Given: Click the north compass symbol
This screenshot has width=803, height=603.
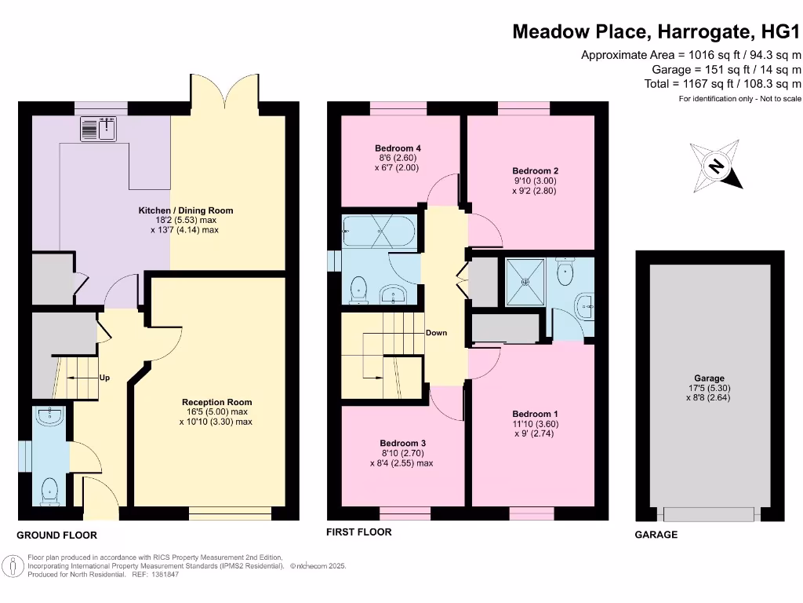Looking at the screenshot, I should click(715, 166).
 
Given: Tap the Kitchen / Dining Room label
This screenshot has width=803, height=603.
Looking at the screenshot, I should click(186, 210).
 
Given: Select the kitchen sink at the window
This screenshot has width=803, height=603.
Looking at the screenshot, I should click(98, 128).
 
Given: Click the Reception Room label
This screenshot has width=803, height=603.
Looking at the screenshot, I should click(213, 402).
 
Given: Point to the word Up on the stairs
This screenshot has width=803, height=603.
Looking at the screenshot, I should click(104, 378).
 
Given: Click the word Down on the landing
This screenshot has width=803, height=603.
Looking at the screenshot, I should click(436, 333).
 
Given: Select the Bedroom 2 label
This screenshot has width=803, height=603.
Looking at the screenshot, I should click(535, 170).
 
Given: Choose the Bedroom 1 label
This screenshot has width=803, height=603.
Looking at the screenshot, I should click(535, 414).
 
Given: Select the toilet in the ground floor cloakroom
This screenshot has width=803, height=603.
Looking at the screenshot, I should click(49, 491).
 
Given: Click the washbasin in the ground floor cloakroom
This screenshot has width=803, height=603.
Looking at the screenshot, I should click(49, 418).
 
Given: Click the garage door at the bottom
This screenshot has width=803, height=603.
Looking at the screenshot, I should click(709, 514).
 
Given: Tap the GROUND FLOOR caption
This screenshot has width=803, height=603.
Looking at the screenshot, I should click(57, 535).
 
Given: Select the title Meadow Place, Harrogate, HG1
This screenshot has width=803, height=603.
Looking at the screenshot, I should click(657, 32).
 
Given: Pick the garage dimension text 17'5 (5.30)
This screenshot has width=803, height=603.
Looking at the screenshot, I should click(709, 388).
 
